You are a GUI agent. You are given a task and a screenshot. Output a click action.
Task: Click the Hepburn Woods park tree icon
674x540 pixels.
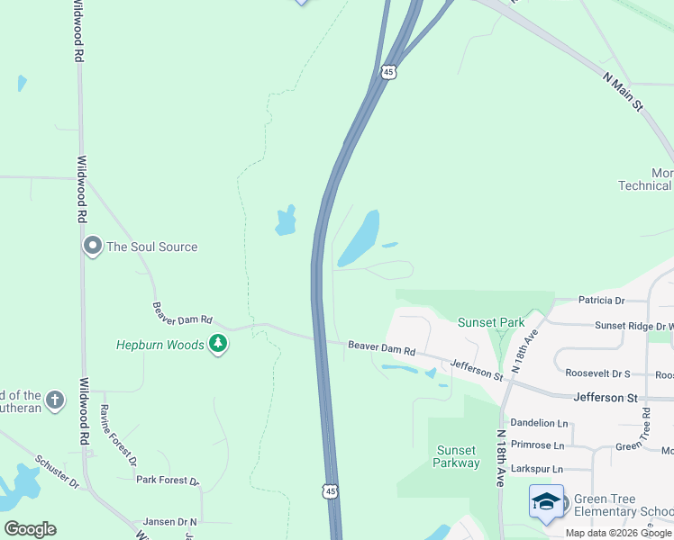pos(217,344)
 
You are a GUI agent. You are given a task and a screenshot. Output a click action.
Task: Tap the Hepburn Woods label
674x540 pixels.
pos(160,345)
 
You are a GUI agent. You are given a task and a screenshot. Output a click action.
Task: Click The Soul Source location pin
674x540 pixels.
pos(92,247)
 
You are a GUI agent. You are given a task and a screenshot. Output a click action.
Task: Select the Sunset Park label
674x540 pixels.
pos(491,322)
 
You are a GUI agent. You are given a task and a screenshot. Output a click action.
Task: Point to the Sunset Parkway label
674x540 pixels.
pos(457,456)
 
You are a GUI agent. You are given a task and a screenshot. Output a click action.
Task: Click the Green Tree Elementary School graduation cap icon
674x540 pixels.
pos(546,502)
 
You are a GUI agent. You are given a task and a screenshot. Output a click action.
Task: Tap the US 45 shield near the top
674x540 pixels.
pos(388,72)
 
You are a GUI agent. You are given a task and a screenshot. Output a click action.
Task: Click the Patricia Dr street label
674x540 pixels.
pos(601,301)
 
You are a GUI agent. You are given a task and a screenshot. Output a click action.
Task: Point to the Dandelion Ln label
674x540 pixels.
pos(539,422)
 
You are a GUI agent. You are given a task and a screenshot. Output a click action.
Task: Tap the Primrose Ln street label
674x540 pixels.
pos(536,445)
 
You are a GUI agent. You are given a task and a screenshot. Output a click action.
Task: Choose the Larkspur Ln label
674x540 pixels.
pos(536,469)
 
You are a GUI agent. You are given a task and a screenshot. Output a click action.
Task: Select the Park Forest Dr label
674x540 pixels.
pos(167,480)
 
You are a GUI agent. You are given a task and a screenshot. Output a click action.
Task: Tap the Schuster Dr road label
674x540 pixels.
pos(59,473)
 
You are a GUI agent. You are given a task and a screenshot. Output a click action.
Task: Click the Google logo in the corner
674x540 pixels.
pos(30,529)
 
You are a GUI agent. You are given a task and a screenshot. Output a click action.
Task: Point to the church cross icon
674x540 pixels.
pos(55,400)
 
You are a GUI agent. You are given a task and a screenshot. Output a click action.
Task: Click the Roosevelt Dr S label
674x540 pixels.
pos(597,373)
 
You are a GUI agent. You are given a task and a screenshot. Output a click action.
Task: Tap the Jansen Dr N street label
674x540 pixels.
pos(169,522)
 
